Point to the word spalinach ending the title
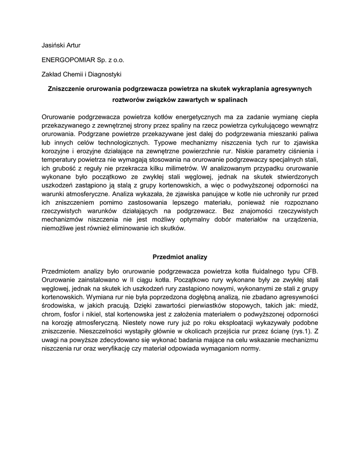(x=232, y=99)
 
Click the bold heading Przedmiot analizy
(x=180, y=257)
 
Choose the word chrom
(x=51, y=314)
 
